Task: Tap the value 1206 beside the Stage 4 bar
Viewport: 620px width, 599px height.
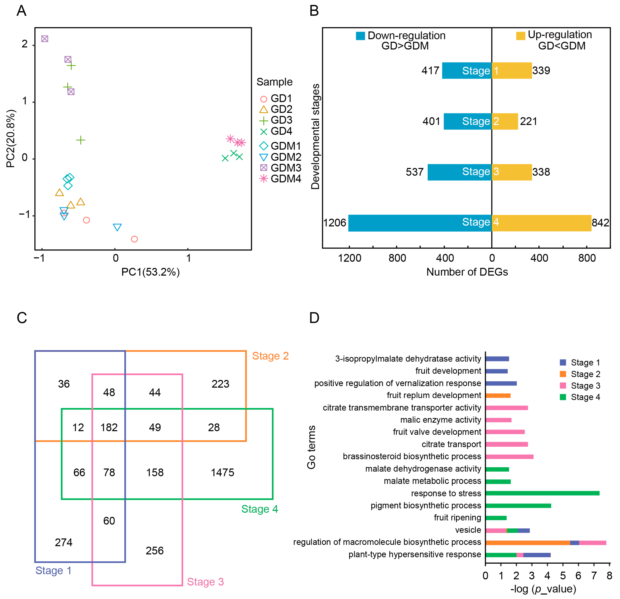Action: click(335, 223)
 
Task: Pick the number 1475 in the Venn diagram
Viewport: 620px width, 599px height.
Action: click(222, 472)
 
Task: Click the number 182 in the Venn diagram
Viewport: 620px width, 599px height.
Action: click(109, 427)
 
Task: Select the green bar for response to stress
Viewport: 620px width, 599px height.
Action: click(542, 493)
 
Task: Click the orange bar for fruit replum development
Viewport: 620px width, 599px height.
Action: click(498, 395)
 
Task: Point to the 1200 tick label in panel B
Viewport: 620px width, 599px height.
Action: click(350, 258)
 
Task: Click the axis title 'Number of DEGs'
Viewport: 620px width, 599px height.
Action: click(467, 272)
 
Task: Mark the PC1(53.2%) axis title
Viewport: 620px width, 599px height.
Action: click(151, 272)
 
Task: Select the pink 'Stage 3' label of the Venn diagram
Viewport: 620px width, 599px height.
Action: click(205, 582)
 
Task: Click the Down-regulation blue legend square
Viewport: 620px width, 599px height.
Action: click(360, 36)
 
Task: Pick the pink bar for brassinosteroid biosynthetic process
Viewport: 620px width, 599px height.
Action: click(509, 457)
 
